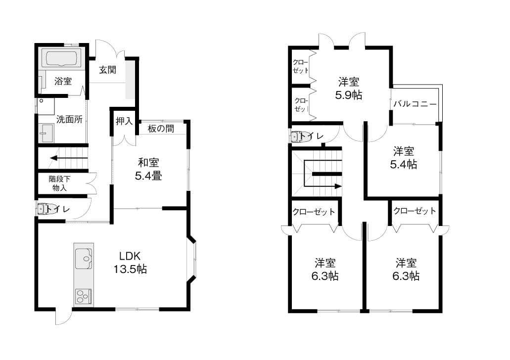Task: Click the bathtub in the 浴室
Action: [61, 59]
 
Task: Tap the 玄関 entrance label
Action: [107, 70]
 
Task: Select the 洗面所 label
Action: [69, 119]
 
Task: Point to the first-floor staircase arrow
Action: [69, 158]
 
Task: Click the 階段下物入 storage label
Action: [59, 183]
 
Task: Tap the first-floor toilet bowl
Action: [43, 209]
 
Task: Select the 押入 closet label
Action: [124, 121]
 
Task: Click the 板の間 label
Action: [161, 129]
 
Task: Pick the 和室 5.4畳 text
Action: [148, 169]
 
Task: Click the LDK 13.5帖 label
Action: [130, 263]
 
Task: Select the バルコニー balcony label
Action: [415, 104]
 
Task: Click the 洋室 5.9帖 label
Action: [349, 89]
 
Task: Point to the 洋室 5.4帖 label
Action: [403, 158]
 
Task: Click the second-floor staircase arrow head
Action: [338, 186]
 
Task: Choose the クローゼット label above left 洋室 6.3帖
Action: [314, 212]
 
